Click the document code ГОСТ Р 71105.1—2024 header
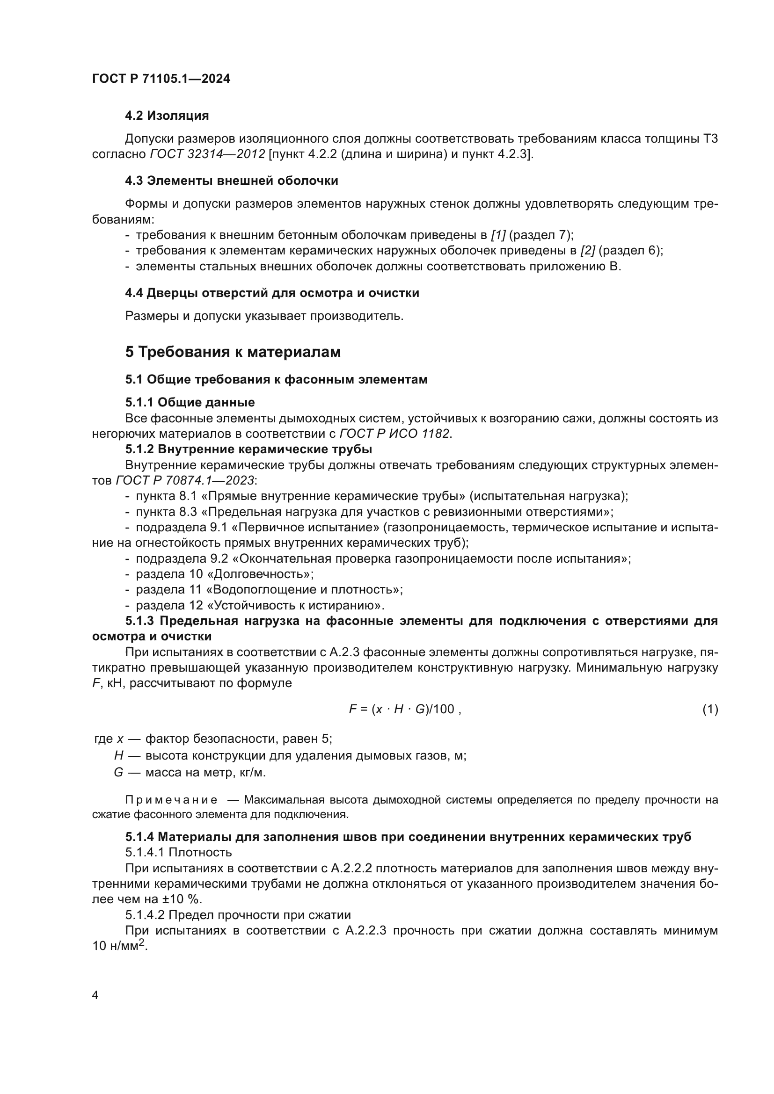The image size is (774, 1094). [161, 79]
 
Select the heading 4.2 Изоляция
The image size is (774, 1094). [167, 116]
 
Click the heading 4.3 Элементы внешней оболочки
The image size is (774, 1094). [232, 181]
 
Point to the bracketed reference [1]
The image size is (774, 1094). [498, 235]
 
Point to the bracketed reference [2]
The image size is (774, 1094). [588, 251]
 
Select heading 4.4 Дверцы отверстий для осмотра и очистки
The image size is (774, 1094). [272, 293]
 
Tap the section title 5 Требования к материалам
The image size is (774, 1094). [233, 352]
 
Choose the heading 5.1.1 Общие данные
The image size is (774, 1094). [190, 403]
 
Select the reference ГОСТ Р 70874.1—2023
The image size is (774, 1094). [185, 481]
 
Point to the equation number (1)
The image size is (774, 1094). [710, 710]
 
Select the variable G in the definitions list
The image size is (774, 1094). [118, 772]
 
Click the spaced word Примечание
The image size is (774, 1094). [171, 800]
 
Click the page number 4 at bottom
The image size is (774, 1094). [95, 995]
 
